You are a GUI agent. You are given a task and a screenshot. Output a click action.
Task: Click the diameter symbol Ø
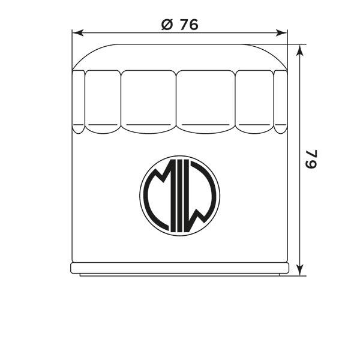(x=167, y=25)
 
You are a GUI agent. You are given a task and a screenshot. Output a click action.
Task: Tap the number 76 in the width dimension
(x=188, y=25)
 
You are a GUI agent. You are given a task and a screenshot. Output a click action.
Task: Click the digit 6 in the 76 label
(x=193, y=25)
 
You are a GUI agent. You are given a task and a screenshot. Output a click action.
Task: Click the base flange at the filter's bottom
(x=179, y=268)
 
